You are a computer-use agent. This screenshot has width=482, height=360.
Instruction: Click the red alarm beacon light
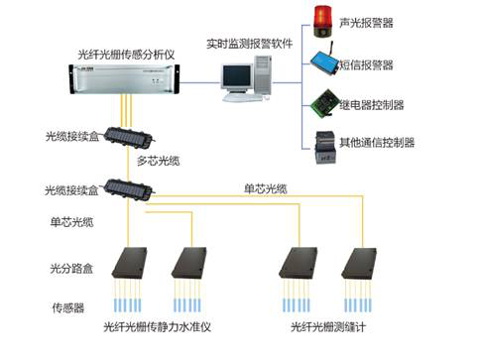click(322, 21)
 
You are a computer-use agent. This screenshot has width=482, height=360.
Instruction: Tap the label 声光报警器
click(366, 23)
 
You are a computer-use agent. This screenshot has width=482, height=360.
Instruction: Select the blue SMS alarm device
click(324, 60)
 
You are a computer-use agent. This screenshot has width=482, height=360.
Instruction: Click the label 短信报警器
click(367, 64)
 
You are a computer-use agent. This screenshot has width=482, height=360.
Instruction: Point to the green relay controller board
click(326, 102)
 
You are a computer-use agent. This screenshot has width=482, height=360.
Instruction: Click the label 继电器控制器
click(372, 105)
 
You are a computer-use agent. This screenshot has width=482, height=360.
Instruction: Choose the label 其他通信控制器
click(377, 143)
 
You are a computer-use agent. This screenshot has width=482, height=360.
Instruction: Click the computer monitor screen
click(236, 76)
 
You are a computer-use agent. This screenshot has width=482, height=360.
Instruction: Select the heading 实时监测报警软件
click(250, 44)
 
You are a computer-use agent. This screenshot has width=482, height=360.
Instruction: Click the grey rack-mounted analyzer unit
click(124, 79)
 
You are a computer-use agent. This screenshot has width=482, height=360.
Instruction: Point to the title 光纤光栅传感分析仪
click(126, 55)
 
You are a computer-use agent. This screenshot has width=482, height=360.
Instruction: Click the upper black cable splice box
click(129, 137)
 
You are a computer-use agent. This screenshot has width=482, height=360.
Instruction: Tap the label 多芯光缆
click(159, 161)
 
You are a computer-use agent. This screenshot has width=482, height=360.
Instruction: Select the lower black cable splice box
click(128, 189)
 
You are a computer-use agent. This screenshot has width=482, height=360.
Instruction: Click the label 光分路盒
click(71, 269)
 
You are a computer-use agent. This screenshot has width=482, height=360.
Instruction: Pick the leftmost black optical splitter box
click(129, 263)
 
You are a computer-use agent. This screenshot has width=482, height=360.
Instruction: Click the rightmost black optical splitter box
click(359, 263)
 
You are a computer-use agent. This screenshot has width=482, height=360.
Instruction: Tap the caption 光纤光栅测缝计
click(328, 327)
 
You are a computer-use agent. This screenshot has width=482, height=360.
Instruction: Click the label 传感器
click(68, 308)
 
